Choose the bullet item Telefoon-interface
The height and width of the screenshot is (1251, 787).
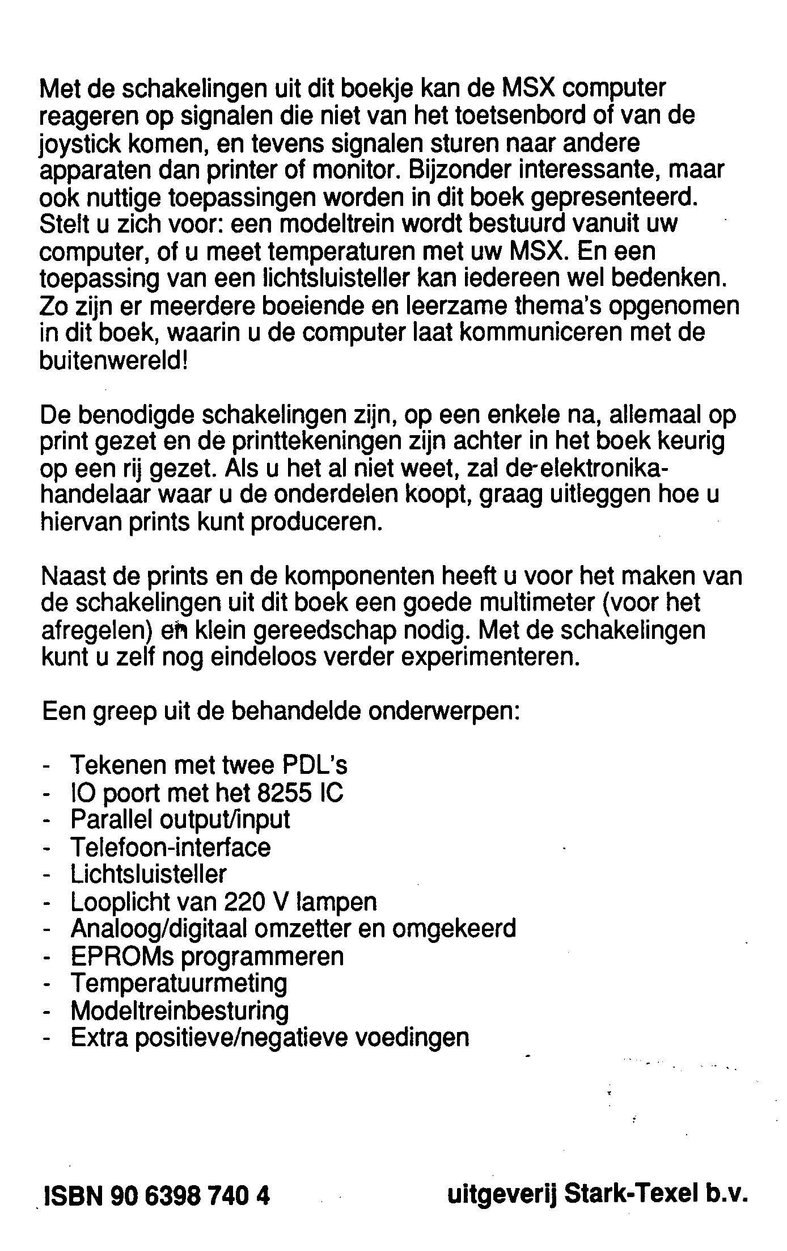[x=171, y=848]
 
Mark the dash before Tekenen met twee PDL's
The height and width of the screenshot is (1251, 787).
[x=46, y=767]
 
